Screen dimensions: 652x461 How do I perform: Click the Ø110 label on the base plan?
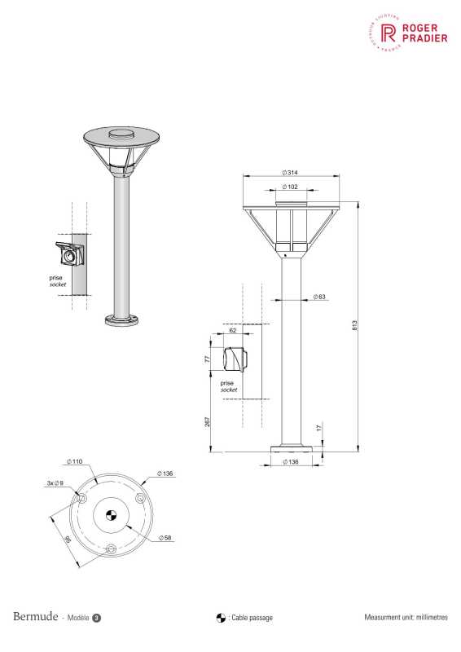click(x=75, y=461)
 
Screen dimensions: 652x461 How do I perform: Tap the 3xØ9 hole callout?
click(x=55, y=483)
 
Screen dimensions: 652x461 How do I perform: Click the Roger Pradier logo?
click(x=408, y=33)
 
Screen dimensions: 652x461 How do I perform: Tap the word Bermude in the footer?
click(x=34, y=617)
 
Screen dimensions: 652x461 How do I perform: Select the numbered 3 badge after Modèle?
click(x=97, y=618)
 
